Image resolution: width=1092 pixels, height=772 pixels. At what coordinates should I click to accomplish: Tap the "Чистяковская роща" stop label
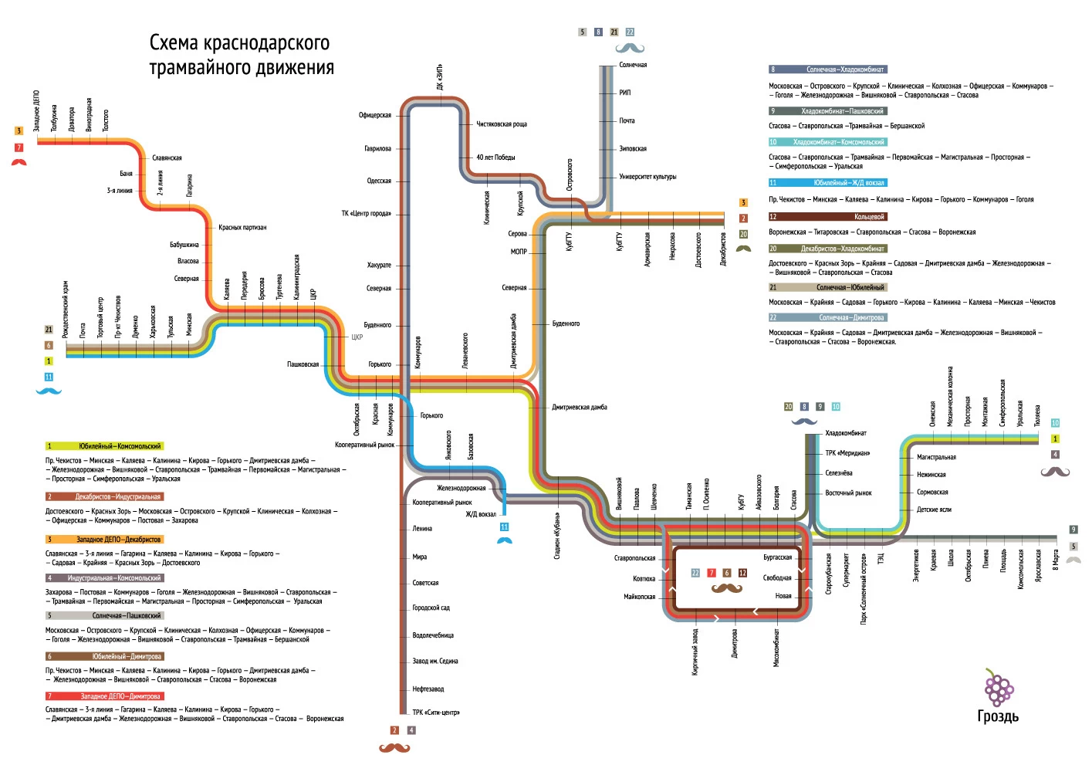[x=502, y=124]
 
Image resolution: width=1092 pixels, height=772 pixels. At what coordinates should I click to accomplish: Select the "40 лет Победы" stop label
[x=495, y=157]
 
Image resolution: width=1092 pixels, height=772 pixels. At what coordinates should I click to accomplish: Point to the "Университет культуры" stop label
[x=647, y=177]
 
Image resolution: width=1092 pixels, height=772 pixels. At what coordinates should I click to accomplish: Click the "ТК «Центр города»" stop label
[x=367, y=213]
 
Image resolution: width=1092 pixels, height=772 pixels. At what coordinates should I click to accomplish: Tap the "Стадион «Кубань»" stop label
[x=557, y=535]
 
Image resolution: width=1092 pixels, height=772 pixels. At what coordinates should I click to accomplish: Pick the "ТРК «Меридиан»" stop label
[x=847, y=453]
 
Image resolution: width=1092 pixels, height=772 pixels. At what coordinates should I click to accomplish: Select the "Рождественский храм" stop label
[x=66, y=309]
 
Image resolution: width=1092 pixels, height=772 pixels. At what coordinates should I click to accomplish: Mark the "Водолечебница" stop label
[x=433, y=635]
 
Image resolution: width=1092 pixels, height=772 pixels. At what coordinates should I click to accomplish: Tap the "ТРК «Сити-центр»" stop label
[x=436, y=713]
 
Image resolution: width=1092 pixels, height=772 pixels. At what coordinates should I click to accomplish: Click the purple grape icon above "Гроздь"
[x=998, y=686]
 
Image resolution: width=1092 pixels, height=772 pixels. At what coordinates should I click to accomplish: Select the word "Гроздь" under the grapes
[x=998, y=716]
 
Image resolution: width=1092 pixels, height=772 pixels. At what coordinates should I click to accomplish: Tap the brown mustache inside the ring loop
[x=726, y=589]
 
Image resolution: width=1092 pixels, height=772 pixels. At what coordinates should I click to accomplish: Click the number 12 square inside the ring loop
[x=742, y=573]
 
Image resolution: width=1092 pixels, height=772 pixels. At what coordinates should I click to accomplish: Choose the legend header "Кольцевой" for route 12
[x=869, y=217]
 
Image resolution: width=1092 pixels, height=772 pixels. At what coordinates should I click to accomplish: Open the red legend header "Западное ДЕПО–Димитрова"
[x=120, y=696]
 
